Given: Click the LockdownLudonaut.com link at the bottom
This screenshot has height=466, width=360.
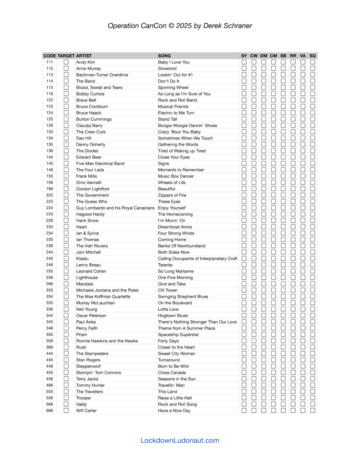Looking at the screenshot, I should [x=180, y=440].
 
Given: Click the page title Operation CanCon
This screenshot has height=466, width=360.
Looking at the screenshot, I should [x=180, y=26].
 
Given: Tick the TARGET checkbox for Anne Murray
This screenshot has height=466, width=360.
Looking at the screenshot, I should [x=66, y=68].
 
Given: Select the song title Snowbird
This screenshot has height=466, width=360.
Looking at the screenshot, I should [x=167, y=68].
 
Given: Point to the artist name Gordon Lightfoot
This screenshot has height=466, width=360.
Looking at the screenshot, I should [x=92, y=189].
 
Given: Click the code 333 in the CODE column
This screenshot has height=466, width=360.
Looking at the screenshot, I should [x=50, y=290].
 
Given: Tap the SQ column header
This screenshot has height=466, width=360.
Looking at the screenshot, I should [x=313, y=56].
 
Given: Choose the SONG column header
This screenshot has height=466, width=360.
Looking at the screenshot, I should [x=164, y=56].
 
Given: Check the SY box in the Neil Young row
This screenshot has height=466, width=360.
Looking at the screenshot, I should [x=244, y=309].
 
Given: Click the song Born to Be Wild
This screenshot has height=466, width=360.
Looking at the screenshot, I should [x=174, y=366].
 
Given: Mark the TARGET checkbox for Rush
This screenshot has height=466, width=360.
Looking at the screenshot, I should [x=66, y=347].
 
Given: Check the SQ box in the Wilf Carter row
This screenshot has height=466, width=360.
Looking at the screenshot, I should [x=313, y=410].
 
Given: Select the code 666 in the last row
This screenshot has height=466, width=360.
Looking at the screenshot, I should [x=50, y=410].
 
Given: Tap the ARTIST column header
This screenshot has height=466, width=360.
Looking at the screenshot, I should [x=84, y=56].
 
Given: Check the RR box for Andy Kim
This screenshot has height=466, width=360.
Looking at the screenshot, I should [x=293, y=62].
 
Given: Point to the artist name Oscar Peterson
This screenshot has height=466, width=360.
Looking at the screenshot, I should [x=91, y=315].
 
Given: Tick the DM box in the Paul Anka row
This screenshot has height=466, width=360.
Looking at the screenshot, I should [x=264, y=322].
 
